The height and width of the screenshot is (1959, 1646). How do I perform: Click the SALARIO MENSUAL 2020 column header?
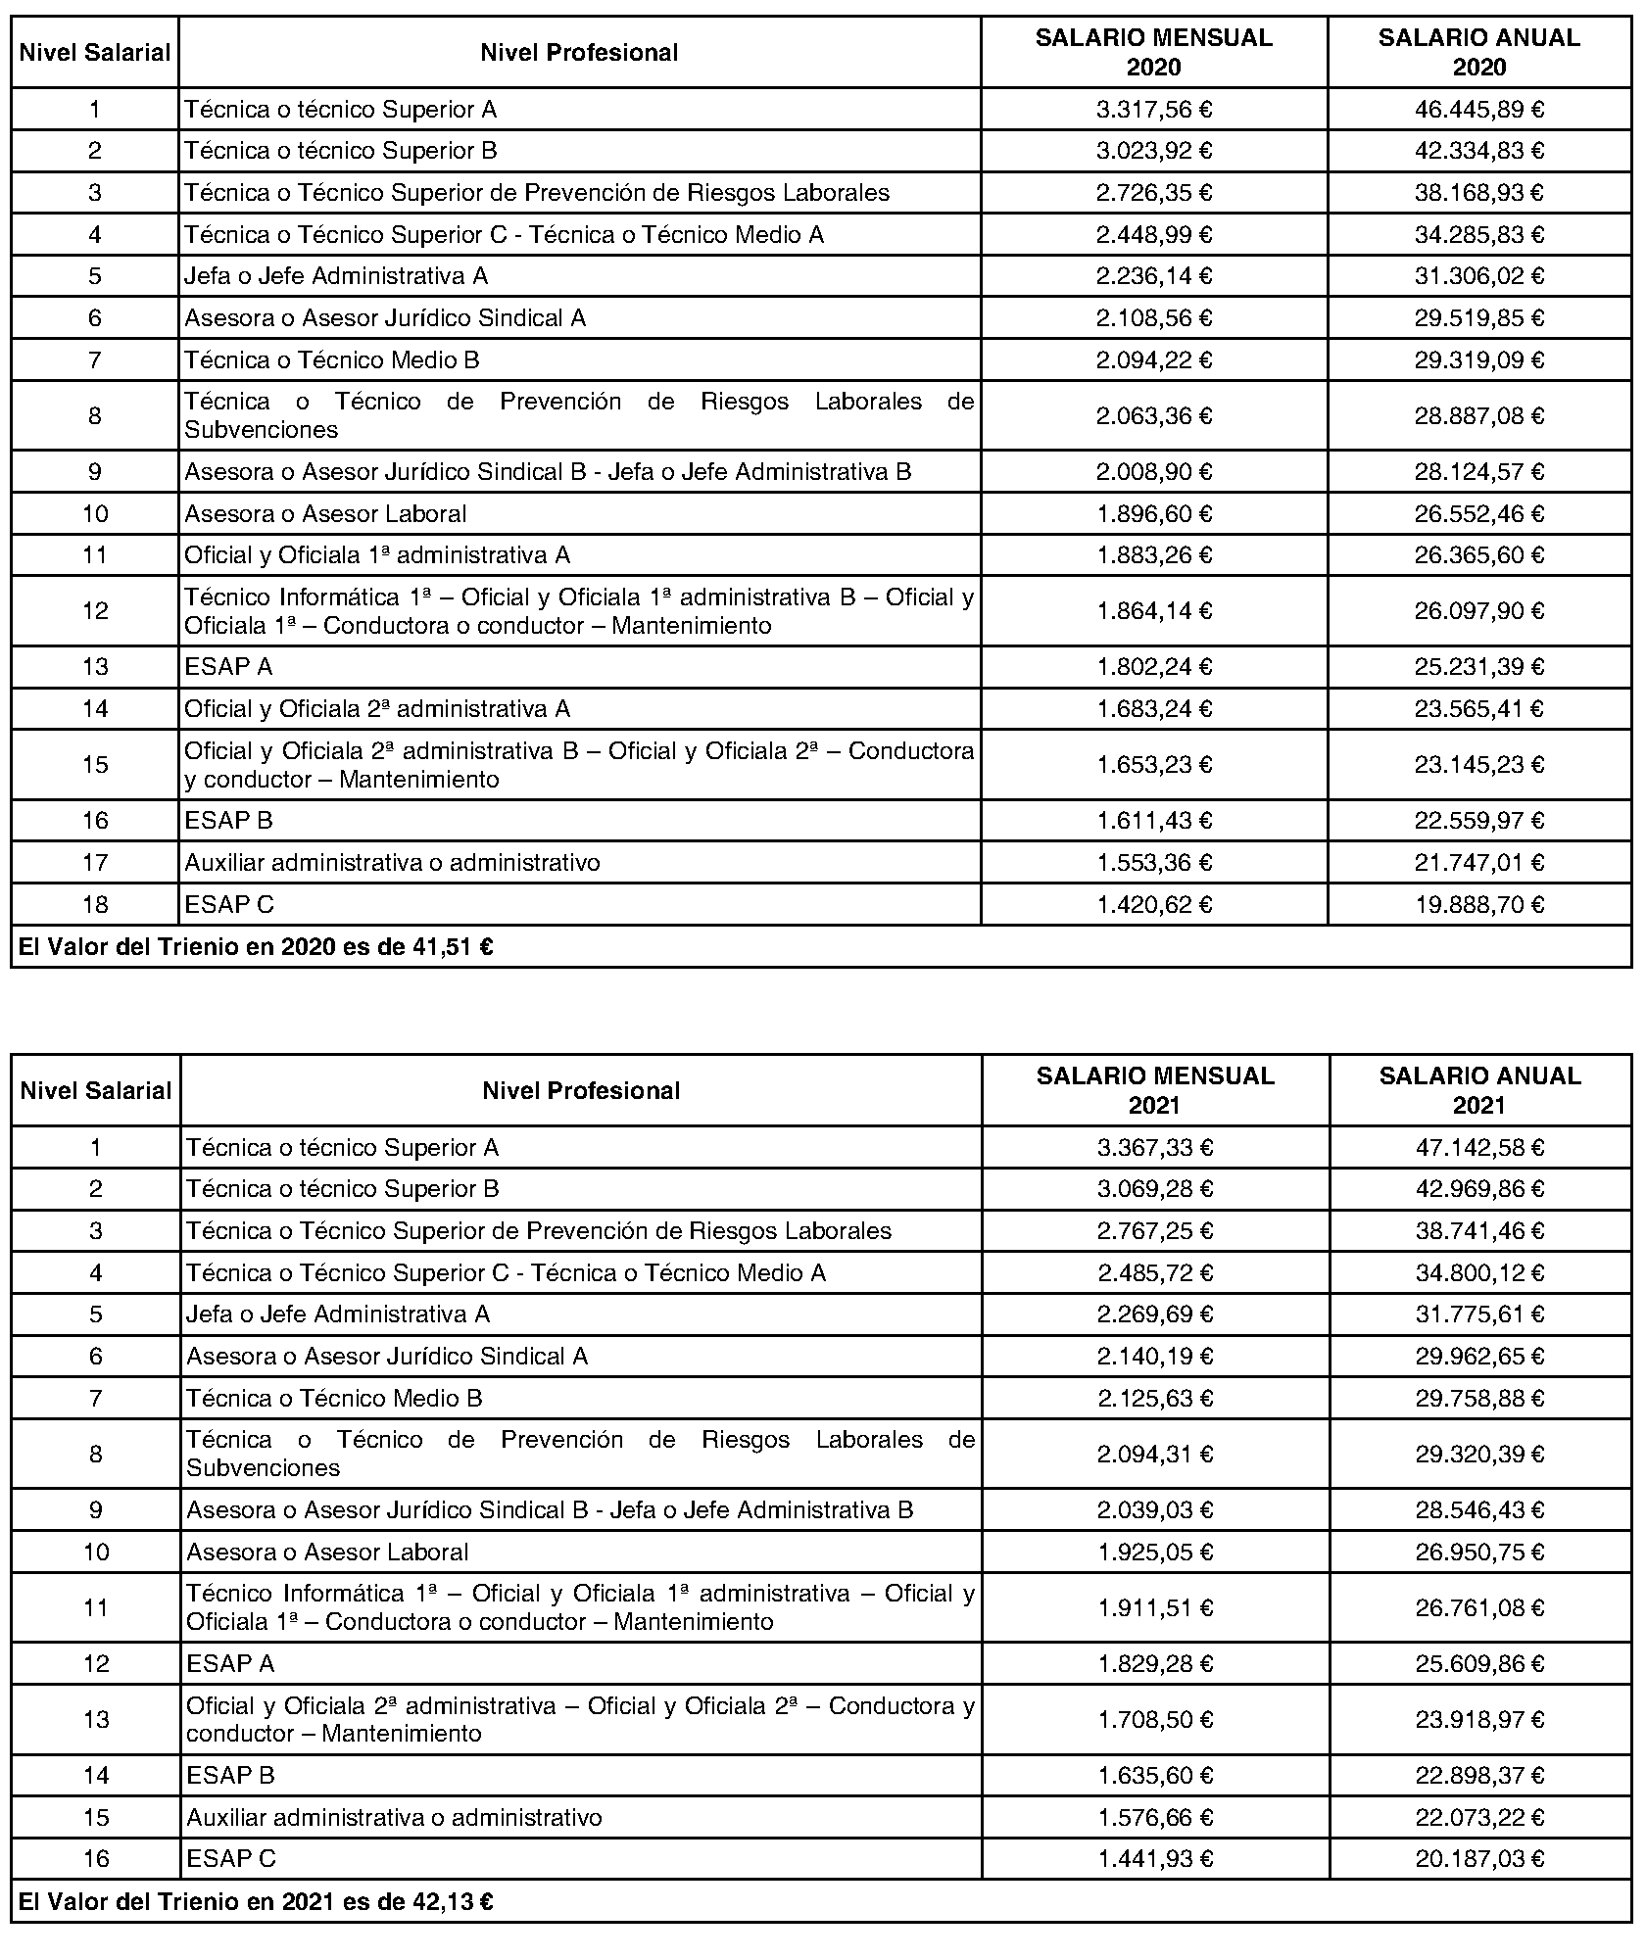(x=1153, y=52)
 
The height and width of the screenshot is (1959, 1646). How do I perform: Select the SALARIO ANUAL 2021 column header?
(x=1479, y=1090)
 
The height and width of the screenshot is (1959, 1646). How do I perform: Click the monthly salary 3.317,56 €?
(x=1154, y=109)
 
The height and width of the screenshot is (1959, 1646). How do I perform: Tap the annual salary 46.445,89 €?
(x=1478, y=109)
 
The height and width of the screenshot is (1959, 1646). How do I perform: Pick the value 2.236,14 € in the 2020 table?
(x=1154, y=276)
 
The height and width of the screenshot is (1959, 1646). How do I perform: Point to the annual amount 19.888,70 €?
(x=1478, y=904)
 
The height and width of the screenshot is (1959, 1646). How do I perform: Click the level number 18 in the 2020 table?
(x=95, y=904)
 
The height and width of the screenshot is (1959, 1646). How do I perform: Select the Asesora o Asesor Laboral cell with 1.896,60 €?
(x=325, y=514)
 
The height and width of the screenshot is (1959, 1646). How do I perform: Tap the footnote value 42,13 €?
(x=459, y=1902)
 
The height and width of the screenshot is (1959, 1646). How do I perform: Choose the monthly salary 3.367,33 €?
(x=1155, y=1147)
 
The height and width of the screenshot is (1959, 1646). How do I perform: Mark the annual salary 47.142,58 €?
(x=1479, y=1147)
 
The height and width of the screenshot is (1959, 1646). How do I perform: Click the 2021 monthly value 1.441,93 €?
(x=1155, y=1858)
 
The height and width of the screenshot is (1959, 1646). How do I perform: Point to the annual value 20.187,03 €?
(x=1479, y=1858)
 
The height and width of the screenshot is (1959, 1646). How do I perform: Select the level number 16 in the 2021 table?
(x=96, y=1858)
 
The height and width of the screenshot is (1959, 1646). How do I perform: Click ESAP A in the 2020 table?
(x=228, y=667)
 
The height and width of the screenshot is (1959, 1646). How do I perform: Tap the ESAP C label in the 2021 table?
(x=231, y=1858)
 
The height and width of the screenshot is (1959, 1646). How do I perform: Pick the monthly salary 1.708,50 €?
(x=1155, y=1719)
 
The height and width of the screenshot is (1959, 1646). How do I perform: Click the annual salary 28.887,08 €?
(x=1478, y=416)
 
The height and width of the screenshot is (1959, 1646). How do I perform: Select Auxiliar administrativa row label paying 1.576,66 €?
(x=394, y=1817)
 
